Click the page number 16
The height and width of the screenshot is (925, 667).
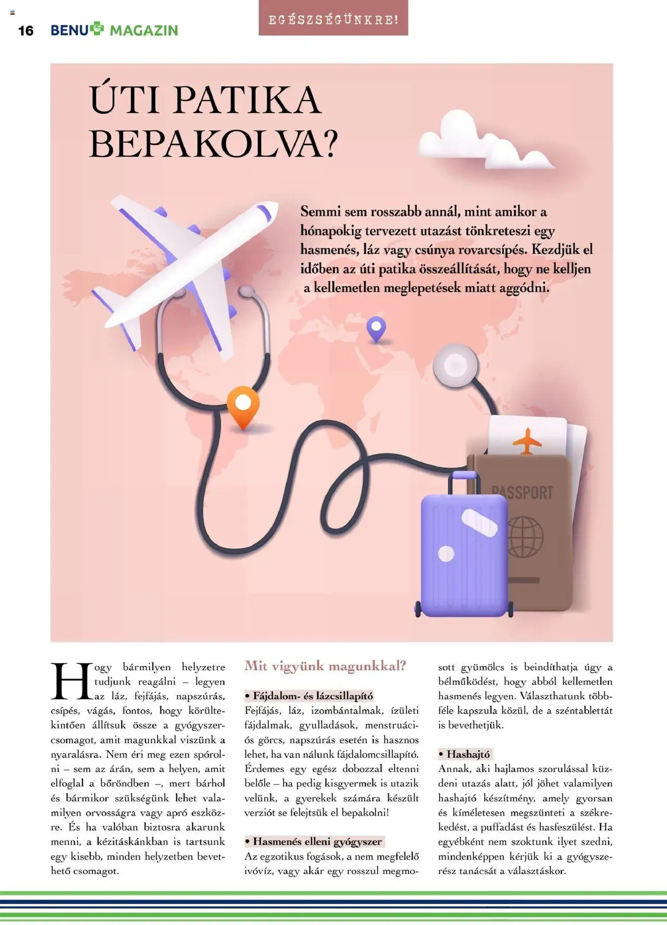tap(26, 31)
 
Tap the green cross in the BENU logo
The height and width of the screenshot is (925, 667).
tap(97, 28)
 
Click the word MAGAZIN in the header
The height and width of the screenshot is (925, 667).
tap(144, 31)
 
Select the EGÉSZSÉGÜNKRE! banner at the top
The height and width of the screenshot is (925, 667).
tap(333, 20)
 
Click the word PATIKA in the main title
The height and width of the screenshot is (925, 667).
tap(247, 100)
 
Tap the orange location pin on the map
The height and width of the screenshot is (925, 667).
tap(243, 405)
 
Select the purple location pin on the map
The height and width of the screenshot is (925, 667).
tap(376, 328)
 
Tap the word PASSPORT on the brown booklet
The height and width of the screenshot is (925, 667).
tap(523, 492)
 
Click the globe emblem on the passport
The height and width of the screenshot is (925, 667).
tap(525, 537)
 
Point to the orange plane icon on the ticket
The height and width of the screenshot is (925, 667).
tap(527, 441)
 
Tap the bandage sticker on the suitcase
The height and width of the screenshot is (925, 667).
tap(479, 522)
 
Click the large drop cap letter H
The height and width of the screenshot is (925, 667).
tap(71, 681)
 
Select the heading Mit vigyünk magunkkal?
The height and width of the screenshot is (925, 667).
tap(325, 665)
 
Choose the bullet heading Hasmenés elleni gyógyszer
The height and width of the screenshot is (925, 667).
tap(314, 841)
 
